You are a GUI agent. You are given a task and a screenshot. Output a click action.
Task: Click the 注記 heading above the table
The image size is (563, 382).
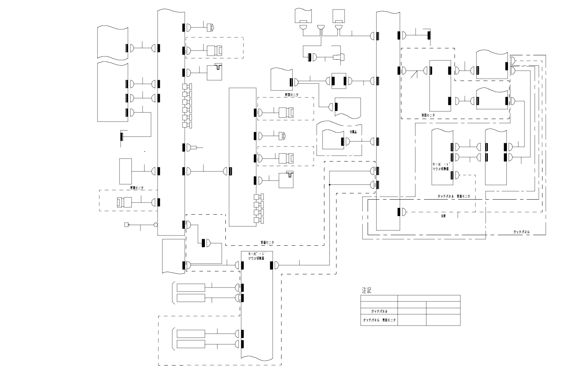pyautogui.click(x=366, y=290)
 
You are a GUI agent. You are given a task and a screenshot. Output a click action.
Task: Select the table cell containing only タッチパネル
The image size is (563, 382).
pyautogui.click(x=379, y=311)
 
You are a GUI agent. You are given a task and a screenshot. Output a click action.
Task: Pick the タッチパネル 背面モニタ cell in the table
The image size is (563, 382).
pyautogui.click(x=379, y=320)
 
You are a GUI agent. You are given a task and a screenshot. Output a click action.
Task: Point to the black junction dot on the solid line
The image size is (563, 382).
pyautogui.click(x=330, y=185)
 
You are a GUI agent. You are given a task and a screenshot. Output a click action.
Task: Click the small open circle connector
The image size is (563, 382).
pyautogui.click(x=156, y=225)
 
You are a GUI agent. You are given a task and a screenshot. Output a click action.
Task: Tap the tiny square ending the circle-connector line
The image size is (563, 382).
pyautogui.click(x=126, y=225)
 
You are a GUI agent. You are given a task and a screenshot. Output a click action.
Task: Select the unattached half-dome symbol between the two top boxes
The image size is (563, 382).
pyautogui.click(x=321, y=27)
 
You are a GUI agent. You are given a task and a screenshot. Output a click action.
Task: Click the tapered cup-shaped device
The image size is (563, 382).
pyautogui.click(x=338, y=57)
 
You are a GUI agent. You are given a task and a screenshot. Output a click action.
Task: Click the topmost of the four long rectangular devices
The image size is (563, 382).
pyautogui.click(x=191, y=288)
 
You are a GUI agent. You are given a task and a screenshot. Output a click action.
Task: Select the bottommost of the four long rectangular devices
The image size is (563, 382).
pyautogui.click(x=191, y=344)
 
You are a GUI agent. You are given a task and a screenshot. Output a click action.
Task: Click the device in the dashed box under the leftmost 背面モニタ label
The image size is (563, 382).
pyautogui.click(x=124, y=202)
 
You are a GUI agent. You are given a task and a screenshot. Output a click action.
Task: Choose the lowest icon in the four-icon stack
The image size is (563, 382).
pyautogui.click(x=259, y=220)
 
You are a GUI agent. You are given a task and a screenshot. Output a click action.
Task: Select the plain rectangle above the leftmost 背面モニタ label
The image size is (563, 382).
pyautogui.click(x=125, y=171)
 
